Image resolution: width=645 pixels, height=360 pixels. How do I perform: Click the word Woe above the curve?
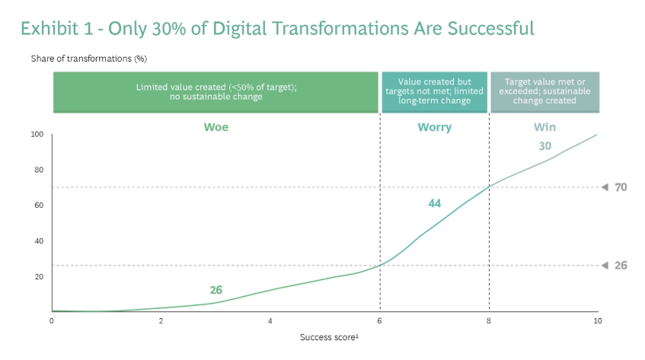216,127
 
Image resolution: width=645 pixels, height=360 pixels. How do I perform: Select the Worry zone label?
434,127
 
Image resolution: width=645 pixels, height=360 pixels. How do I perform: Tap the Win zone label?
544,127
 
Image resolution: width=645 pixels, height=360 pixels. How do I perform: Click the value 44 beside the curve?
434,203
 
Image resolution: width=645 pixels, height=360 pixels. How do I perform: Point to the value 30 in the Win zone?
544,146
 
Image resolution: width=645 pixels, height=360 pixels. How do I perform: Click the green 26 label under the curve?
216,290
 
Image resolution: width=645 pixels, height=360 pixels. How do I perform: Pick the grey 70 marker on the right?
620,187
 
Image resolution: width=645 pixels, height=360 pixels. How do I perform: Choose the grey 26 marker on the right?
620,265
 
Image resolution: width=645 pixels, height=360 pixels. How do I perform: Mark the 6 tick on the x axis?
379,321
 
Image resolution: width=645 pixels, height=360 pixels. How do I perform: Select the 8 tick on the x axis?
489,321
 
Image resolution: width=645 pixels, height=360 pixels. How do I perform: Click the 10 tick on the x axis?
597,321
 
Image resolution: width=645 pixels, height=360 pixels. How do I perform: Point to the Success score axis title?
327,336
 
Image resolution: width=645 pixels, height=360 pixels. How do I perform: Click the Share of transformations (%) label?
88,59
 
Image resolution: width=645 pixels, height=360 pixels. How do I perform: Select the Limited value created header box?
216,92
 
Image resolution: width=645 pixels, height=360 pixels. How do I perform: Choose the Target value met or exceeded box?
544,92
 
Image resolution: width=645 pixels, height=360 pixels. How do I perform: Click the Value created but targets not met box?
434,92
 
